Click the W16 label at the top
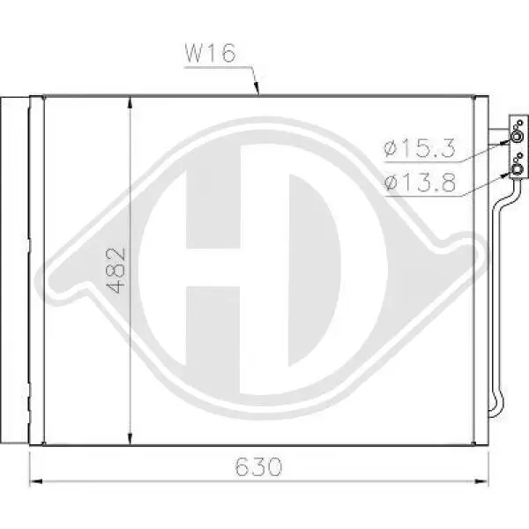click(210, 53)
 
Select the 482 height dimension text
click(115, 271)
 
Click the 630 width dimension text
click(258, 467)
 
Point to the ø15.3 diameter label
click(420, 148)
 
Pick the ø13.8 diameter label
click(420, 183)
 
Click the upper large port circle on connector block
click(517, 137)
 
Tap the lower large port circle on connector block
click(517, 169)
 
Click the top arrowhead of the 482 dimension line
click(130, 103)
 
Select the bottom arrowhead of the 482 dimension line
click(130, 438)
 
